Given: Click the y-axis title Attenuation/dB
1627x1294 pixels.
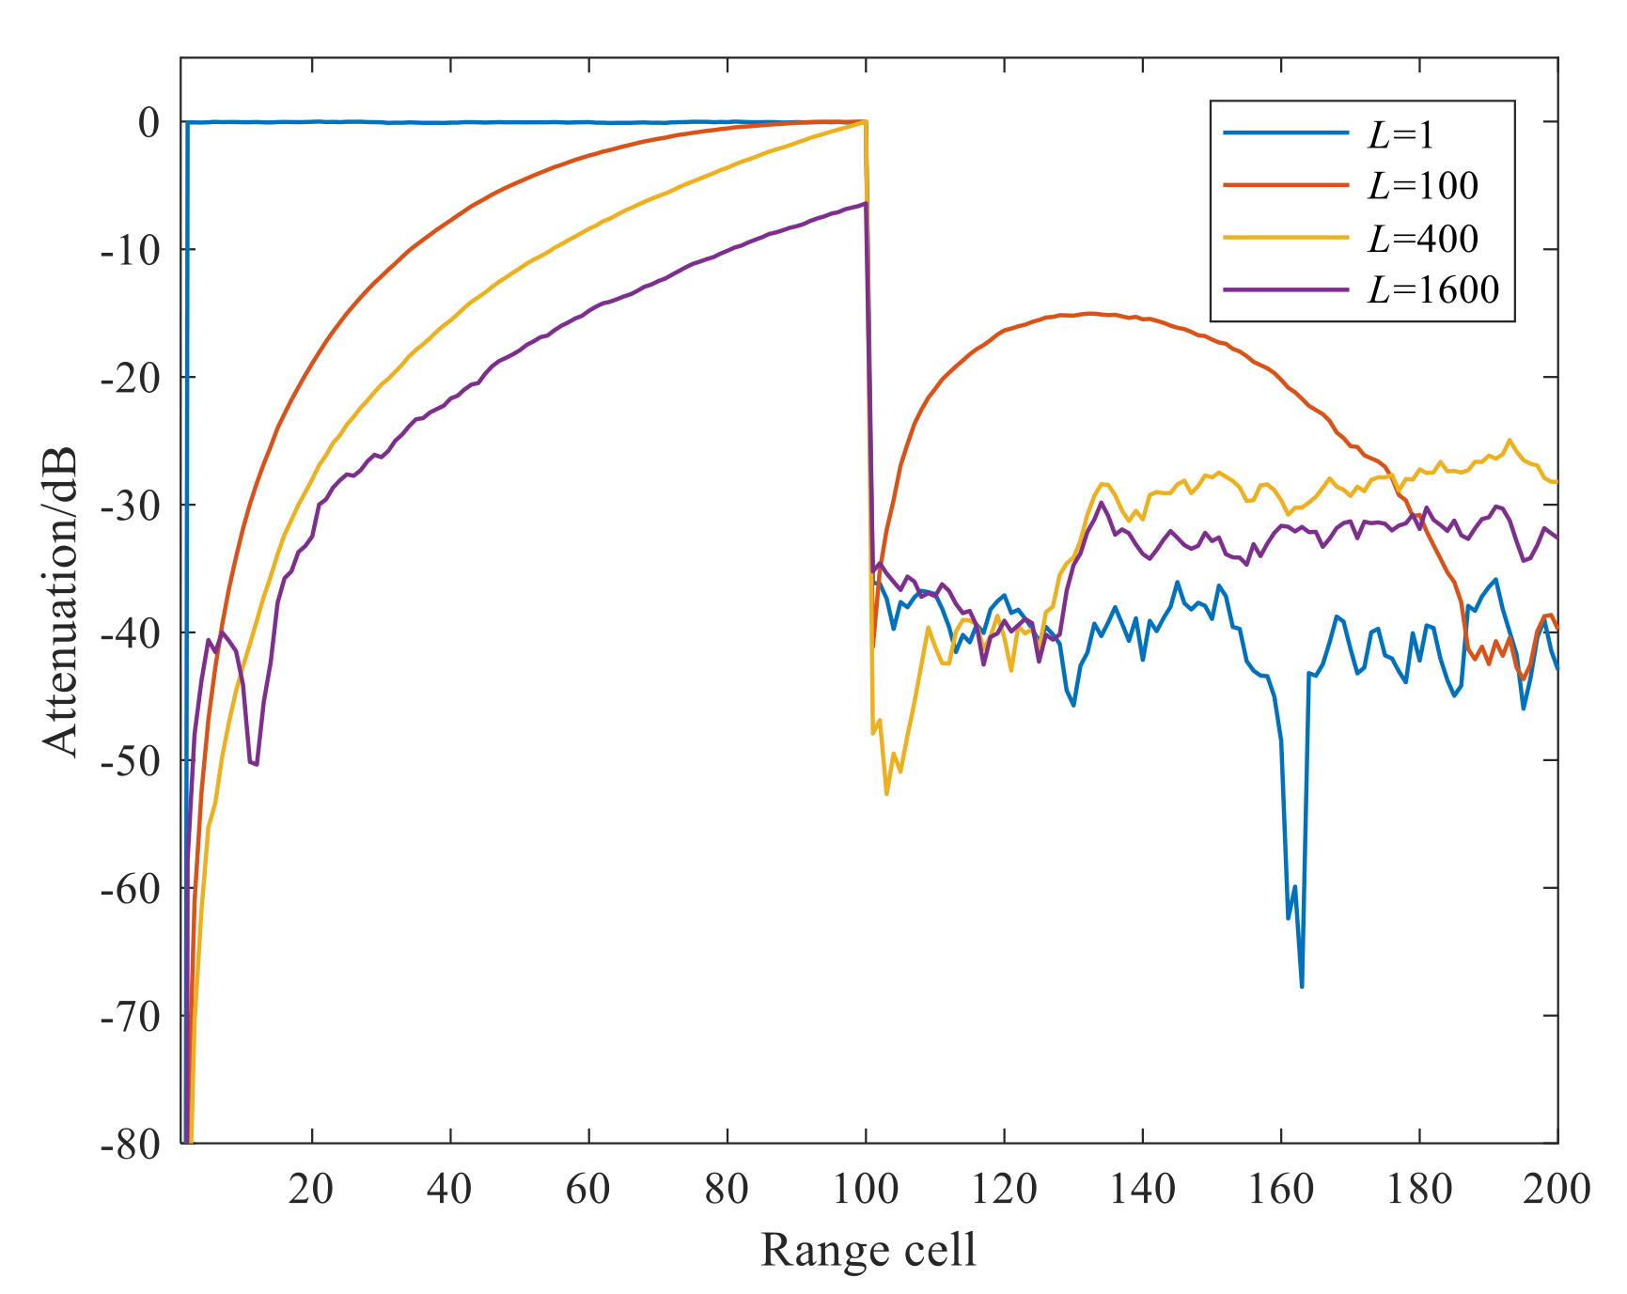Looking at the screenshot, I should [x=61, y=601].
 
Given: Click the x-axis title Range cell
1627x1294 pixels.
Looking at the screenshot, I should [x=868, y=1251].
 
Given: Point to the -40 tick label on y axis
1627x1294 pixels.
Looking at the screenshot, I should [x=129, y=632].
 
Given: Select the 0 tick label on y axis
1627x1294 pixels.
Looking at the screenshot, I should [x=149, y=122].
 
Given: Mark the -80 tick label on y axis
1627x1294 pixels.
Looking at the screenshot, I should [x=129, y=1144].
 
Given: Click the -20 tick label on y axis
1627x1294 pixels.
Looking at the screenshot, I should [x=129, y=378].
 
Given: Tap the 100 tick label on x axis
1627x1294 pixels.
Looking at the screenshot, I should [x=866, y=1190].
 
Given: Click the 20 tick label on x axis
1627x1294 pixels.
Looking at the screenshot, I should [x=311, y=1190].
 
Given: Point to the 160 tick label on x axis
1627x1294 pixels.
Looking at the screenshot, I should [x=1280, y=1190].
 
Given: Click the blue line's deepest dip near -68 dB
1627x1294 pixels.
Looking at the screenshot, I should [x=1302, y=986].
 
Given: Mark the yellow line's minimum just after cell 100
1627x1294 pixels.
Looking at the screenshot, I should [x=886, y=794].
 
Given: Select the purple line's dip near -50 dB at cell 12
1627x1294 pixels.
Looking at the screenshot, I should [x=256, y=764].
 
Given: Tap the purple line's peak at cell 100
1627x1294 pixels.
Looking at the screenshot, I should [x=865, y=203].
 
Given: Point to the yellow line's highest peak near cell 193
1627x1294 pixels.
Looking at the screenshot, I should [x=1510, y=440].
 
